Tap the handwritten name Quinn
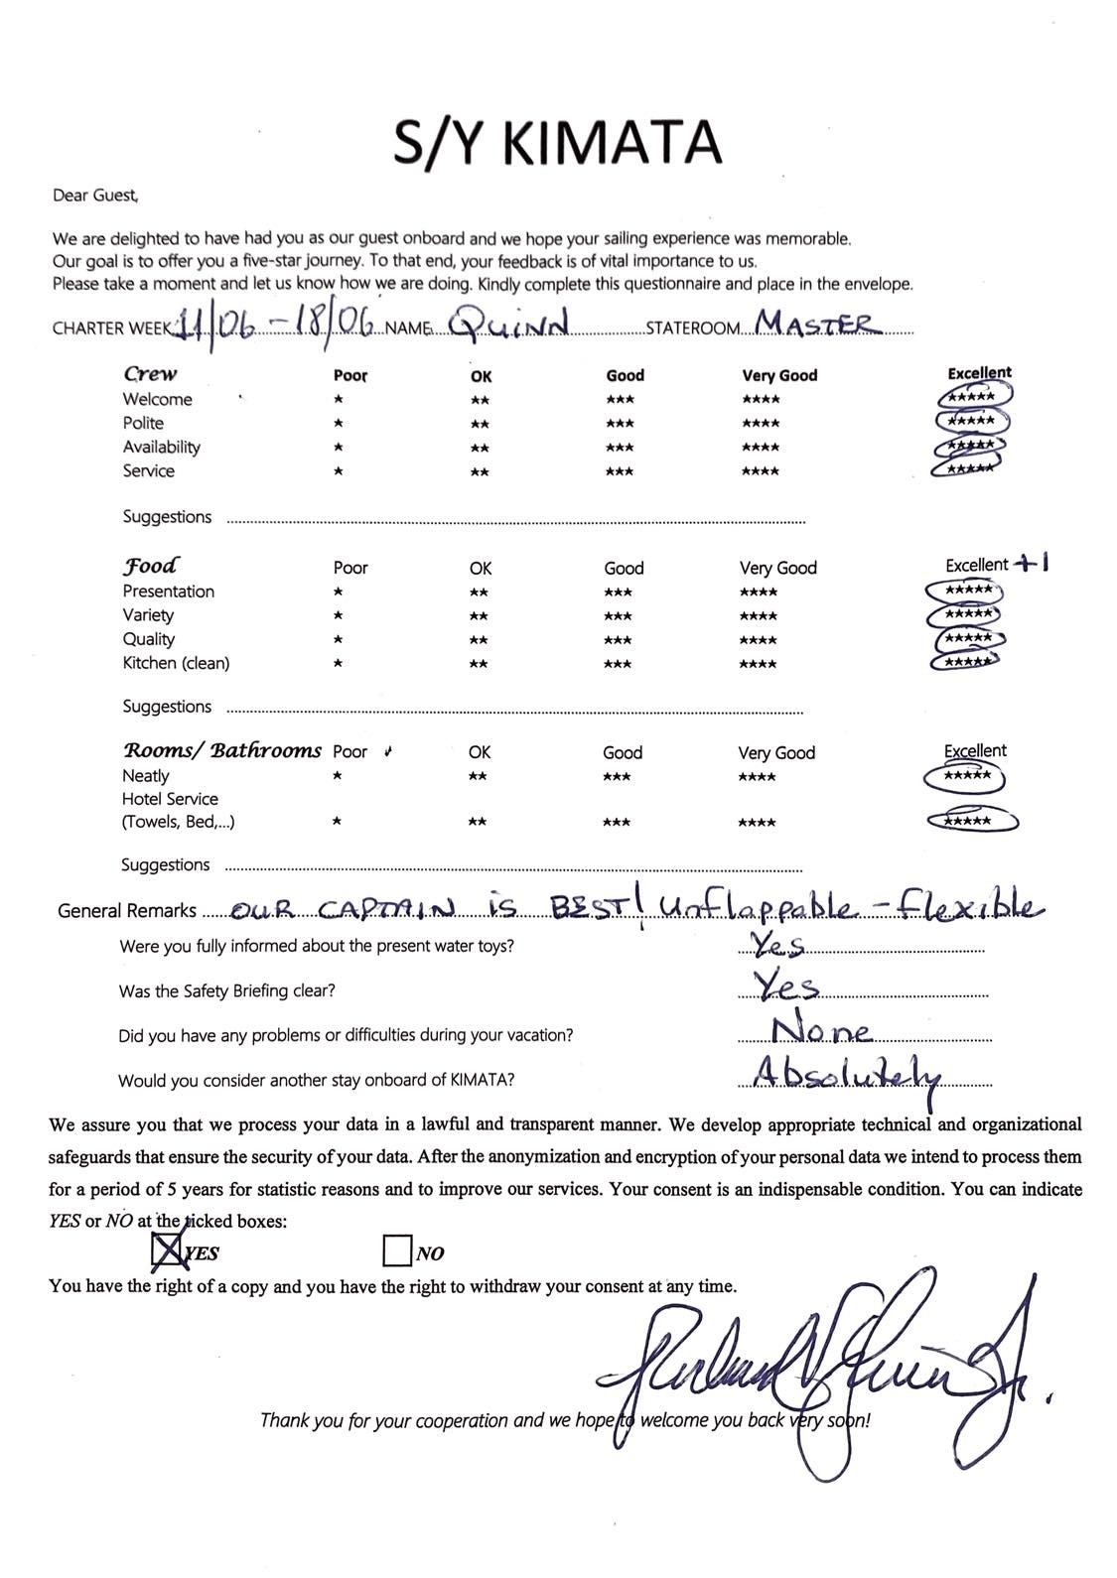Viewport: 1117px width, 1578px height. click(x=507, y=323)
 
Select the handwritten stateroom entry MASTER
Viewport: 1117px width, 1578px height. click(x=814, y=323)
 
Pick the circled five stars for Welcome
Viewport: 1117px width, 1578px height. click(x=972, y=397)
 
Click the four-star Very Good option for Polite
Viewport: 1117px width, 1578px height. click(x=761, y=424)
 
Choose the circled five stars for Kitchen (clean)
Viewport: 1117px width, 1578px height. click(x=964, y=661)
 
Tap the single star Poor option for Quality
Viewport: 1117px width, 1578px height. click(x=339, y=640)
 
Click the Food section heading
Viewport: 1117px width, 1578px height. click(x=150, y=566)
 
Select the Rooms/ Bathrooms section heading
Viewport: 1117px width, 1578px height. click(x=221, y=750)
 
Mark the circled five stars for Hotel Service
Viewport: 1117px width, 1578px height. click(x=970, y=821)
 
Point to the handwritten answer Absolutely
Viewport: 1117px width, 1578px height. click(x=845, y=1075)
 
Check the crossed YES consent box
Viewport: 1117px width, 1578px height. click(x=168, y=1250)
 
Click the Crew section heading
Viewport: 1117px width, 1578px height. click(x=150, y=374)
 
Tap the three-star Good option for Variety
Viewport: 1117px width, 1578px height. click(x=618, y=616)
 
